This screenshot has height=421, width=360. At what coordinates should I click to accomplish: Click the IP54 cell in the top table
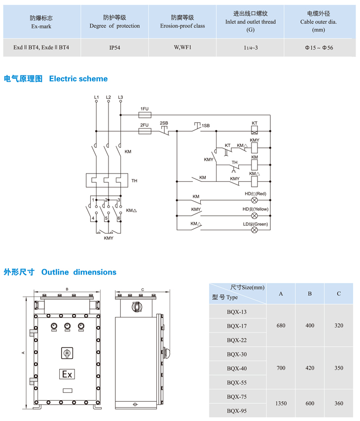tap(114, 48)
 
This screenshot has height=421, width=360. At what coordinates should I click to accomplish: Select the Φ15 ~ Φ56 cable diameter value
tap(319, 48)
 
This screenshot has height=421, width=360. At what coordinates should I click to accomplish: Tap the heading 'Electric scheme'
tap(78, 78)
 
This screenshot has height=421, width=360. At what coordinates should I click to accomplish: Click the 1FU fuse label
tap(144, 108)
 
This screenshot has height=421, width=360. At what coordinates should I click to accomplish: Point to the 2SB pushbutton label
tap(164, 122)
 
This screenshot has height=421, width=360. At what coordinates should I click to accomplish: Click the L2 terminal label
tap(108, 97)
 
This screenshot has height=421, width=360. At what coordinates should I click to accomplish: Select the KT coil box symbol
tap(254, 131)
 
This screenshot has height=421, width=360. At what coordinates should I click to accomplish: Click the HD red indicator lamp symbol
tap(254, 201)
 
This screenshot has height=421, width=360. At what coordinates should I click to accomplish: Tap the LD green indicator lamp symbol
tap(254, 229)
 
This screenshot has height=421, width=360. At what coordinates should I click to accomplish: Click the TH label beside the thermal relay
tap(134, 181)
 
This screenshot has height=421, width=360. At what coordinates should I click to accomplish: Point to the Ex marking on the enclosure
tap(67, 375)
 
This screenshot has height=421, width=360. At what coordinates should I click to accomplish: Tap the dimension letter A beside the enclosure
tap(23, 353)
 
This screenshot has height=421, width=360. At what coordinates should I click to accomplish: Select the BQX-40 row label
tap(237, 368)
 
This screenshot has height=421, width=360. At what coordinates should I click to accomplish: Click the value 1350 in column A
tap(281, 403)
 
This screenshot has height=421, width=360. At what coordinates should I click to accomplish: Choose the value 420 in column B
tap(310, 368)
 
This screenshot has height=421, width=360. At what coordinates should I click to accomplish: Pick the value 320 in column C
tap(338, 325)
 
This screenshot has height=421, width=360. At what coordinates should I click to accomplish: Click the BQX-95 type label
tap(237, 411)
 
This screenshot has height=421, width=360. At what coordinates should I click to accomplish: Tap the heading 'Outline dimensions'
tap(79, 272)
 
